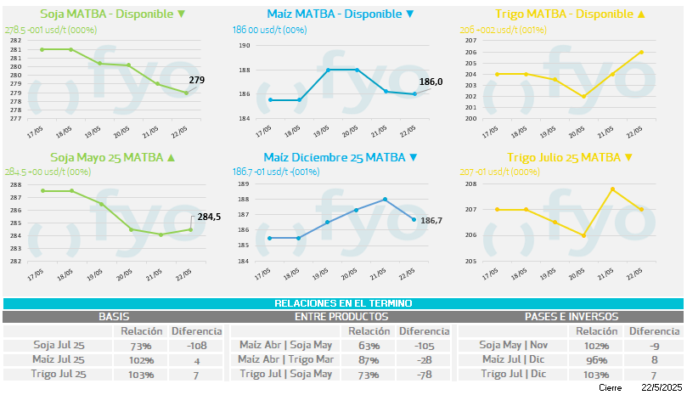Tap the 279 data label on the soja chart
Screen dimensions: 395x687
[197, 80]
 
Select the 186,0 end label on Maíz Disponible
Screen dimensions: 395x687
[431, 82]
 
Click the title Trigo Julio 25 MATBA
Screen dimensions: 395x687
[569, 157]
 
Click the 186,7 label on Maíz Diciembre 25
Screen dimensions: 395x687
[431, 220]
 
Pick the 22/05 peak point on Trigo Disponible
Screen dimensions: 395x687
[641, 52]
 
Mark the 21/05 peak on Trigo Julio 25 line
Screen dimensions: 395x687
[612, 189]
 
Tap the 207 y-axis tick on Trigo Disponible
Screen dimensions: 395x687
[471, 41]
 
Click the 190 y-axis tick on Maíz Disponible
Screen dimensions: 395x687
[244, 45]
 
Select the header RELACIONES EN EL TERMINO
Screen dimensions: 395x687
[343, 303]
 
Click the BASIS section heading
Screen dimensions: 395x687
[114, 316]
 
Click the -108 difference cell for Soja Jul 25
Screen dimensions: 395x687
[197, 346]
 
